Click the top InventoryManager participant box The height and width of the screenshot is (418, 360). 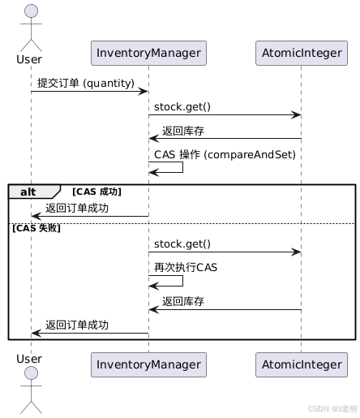point(148,53)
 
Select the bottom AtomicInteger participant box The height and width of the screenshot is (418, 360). point(301,364)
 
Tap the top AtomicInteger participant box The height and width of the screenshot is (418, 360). point(301,53)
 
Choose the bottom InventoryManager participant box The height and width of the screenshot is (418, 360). point(148,364)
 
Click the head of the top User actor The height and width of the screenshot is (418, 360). point(31,12)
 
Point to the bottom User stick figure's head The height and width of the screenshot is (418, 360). point(31,373)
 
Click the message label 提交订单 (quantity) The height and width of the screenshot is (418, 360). point(86,83)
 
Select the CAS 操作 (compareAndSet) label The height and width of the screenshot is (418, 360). point(225,154)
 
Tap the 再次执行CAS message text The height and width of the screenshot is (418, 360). point(186,267)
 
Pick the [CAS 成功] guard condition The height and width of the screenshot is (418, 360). point(96,192)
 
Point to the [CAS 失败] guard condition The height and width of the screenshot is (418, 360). point(36,228)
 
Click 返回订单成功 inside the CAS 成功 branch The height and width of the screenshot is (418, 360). point(77,209)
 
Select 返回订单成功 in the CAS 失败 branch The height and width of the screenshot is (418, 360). point(77,325)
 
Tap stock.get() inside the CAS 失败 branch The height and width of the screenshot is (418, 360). point(182,243)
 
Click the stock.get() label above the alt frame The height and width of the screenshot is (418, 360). point(182,107)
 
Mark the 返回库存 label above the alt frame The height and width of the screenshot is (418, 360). point(182,131)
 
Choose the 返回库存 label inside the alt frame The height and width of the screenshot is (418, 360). point(182,301)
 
